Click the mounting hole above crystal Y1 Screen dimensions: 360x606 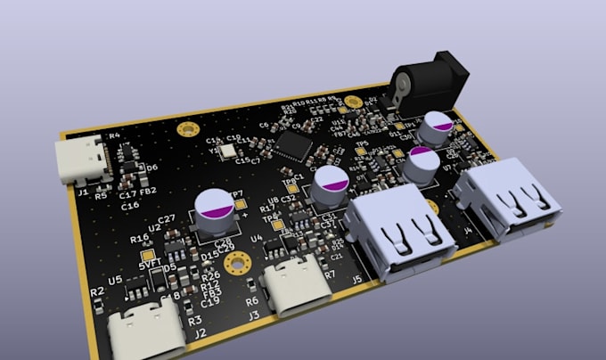(x=187, y=130)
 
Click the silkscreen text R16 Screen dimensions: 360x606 (x=140, y=239)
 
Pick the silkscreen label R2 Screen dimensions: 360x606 (x=98, y=291)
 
